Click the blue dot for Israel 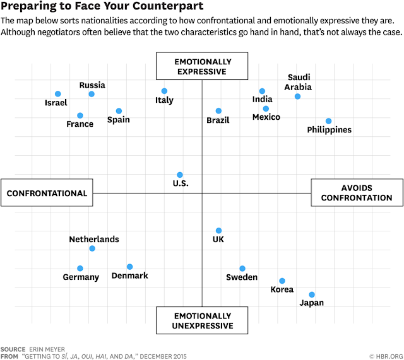(58, 94)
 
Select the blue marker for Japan (312, 294)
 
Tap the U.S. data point (180, 175)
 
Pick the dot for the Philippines (328, 121)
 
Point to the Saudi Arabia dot (297, 96)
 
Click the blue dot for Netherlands (92, 248)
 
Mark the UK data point (219, 231)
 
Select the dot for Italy (164, 91)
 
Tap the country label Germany (81, 277)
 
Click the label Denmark (130, 276)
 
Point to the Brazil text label (218, 120)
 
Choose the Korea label (282, 289)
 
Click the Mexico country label (266, 117)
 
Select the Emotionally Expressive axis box (202, 66)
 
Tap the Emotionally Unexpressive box (202, 320)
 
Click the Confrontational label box (47, 193)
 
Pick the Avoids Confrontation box (357, 193)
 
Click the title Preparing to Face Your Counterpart (102, 6)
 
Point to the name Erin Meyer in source (47, 349)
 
